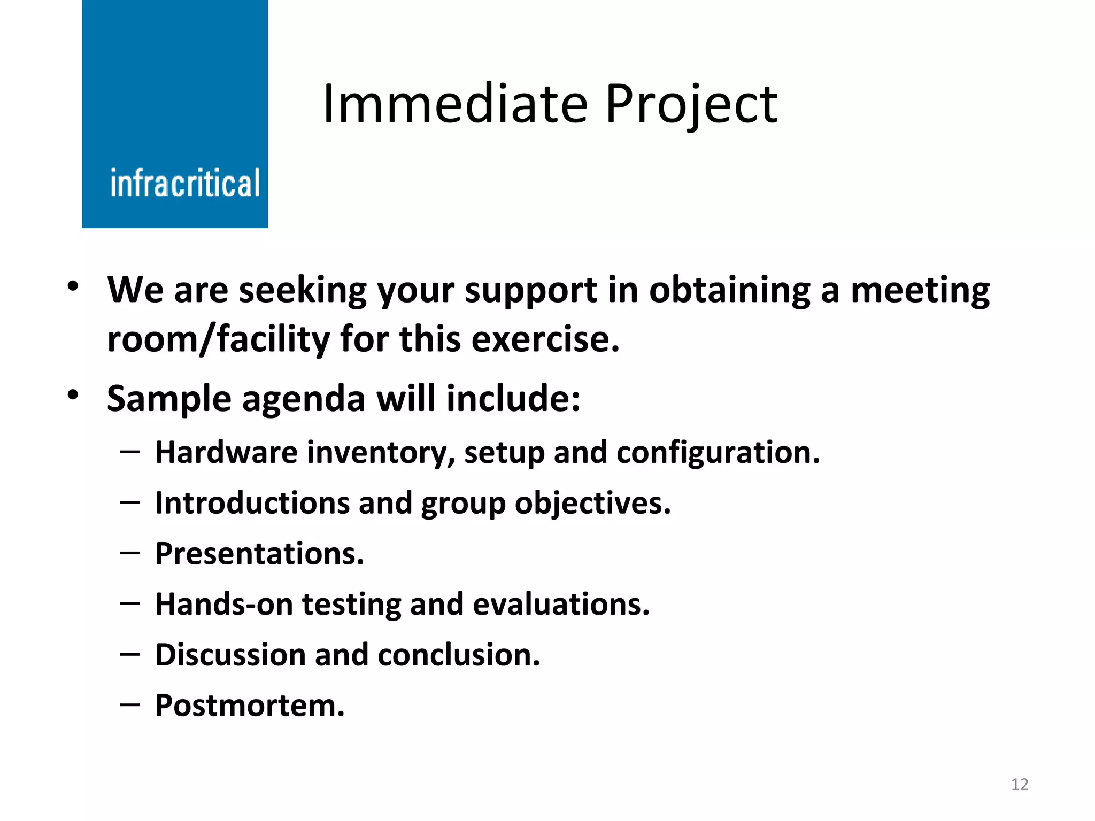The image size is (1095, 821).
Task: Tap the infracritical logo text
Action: [185, 183]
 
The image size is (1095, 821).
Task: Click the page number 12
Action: [1020, 784]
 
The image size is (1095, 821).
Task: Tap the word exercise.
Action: [545, 340]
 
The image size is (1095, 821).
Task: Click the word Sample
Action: [169, 400]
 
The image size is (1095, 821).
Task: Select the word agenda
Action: [303, 400]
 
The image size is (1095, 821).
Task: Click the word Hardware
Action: [226, 453]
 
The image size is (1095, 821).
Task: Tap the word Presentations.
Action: [259, 554]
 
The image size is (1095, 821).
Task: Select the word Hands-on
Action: [224, 605]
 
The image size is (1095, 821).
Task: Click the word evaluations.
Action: [561, 605]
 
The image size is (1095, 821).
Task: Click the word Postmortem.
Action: [250, 706]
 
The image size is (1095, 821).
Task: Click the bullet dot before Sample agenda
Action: [73, 396]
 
